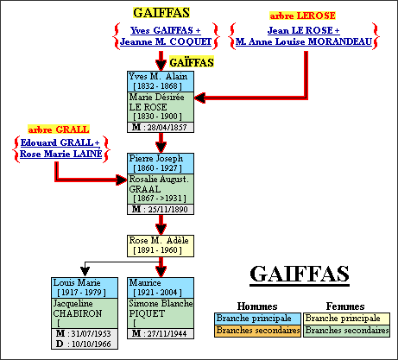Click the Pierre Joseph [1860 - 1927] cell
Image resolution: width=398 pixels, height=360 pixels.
point(161,163)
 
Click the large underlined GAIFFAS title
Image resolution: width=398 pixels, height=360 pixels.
point(299,274)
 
